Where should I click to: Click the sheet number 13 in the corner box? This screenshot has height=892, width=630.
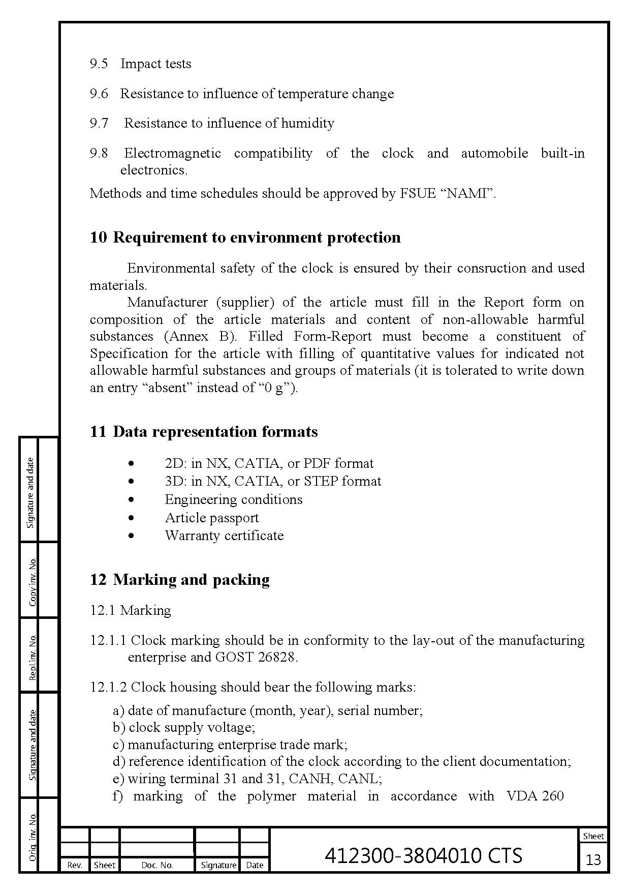click(593, 860)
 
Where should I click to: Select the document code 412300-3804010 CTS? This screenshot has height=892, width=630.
click(423, 855)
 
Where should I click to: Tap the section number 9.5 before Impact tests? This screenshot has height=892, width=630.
click(99, 64)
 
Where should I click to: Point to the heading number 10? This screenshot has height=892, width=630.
click(98, 237)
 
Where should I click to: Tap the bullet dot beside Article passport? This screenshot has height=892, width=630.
click(132, 518)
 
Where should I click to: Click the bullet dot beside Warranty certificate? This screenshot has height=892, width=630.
click(132, 536)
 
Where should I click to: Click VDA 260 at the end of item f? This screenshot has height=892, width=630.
click(535, 796)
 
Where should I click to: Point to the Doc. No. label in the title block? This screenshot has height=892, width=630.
click(157, 865)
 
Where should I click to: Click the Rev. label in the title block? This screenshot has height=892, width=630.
click(75, 865)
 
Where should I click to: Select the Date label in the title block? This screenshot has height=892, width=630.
click(254, 865)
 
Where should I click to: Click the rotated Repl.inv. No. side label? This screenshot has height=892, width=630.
click(33, 657)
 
